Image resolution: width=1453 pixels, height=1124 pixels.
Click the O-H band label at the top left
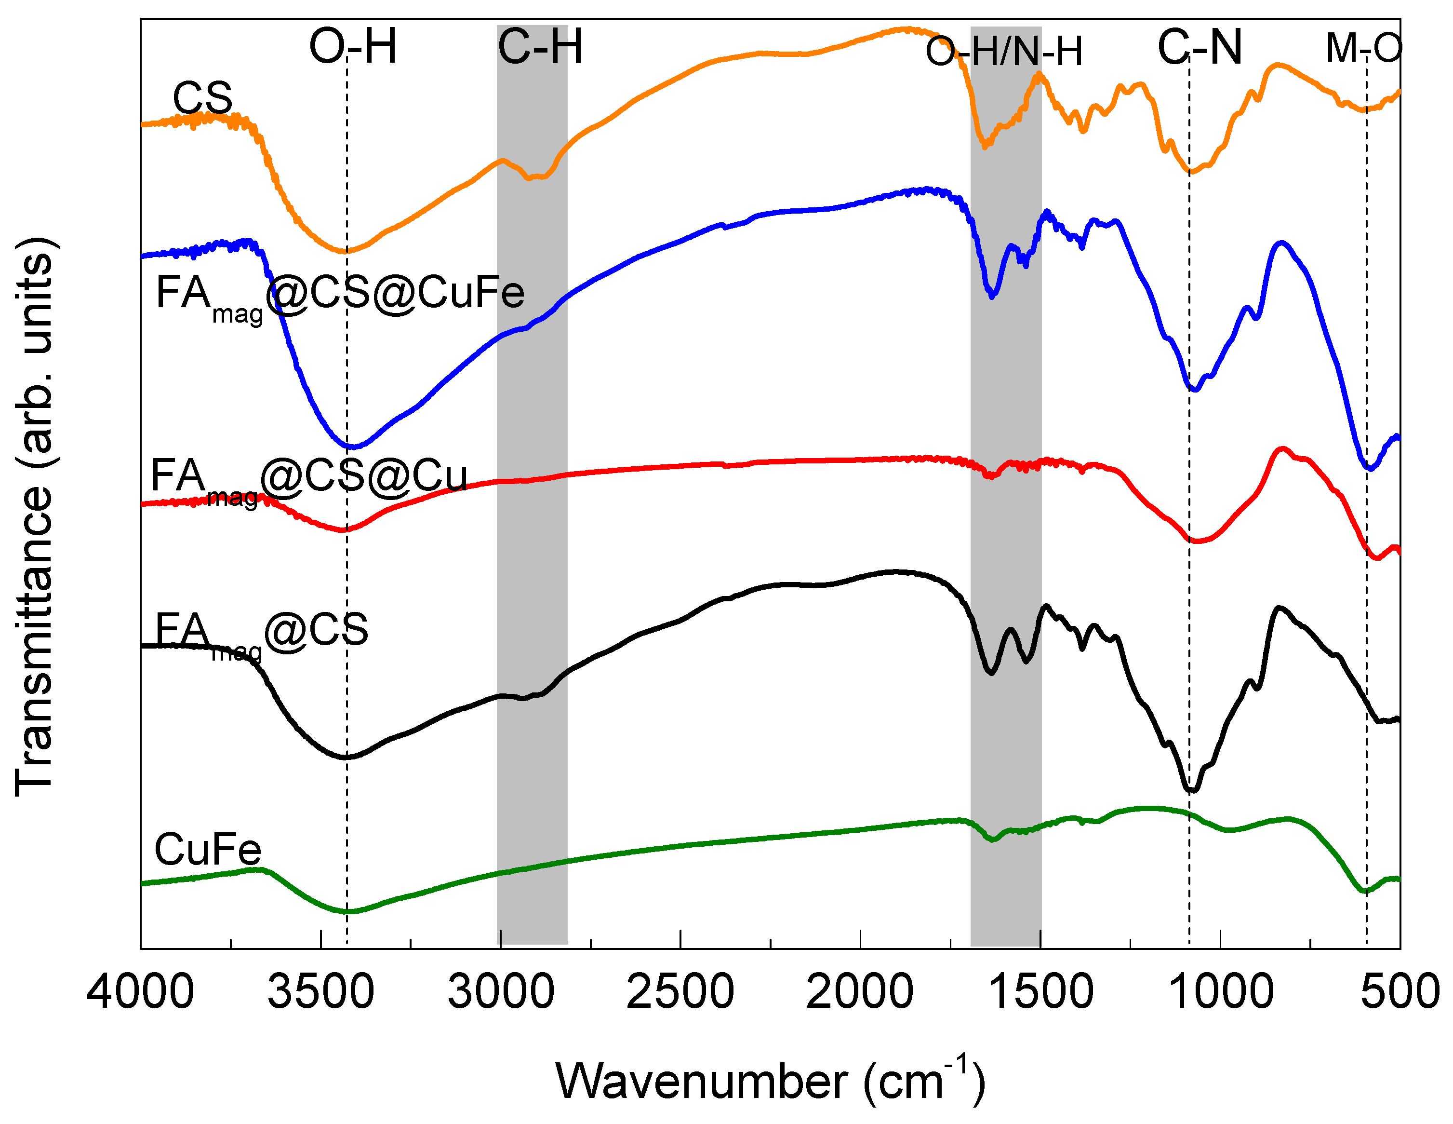click(x=353, y=47)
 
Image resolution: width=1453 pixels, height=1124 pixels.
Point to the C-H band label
click(x=540, y=47)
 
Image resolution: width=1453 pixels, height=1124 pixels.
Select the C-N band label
click(x=1200, y=47)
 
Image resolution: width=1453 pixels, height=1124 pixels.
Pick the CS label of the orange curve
click(x=202, y=98)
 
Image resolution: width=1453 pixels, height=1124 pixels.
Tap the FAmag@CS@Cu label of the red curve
click(x=309, y=478)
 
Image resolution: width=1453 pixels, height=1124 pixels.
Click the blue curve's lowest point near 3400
click(x=353, y=447)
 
